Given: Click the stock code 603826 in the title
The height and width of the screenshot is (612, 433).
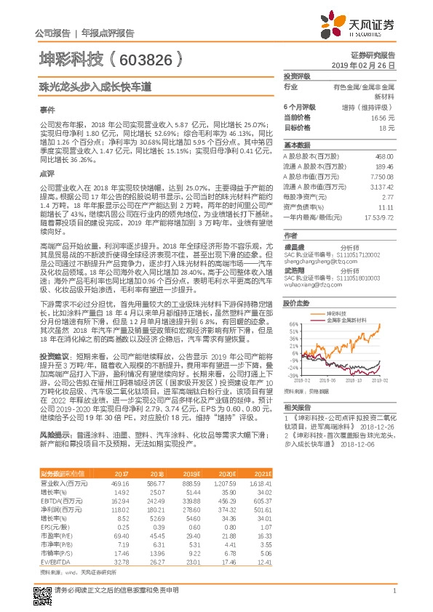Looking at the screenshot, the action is click(146, 57).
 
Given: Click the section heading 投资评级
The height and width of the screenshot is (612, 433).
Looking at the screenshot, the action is click(297, 76).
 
